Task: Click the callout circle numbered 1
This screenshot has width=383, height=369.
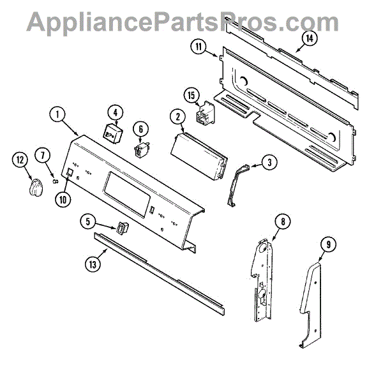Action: pyautogui.click(x=57, y=116)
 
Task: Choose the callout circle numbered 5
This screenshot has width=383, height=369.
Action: pyautogui.click(x=89, y=222)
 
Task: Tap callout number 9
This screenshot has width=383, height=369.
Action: pyautogui.click(x=327, y=243)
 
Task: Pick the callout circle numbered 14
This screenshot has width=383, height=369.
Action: pyautogui.click(x=310, y=38)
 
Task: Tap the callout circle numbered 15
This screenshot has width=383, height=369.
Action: pyautogui.click(x=191, y=96)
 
